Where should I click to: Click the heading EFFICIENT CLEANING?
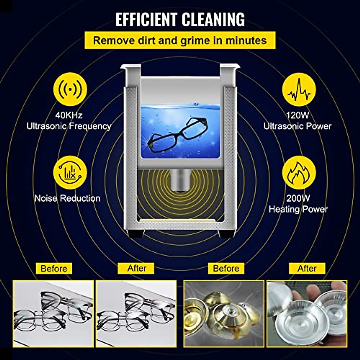coord(180,20)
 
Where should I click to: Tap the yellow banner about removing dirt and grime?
coord(180,40)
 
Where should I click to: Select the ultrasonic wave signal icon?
coord(70,89)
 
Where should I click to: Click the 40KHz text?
coord(69,115)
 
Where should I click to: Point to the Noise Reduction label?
coord(67,198)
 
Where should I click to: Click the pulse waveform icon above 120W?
coord(299,89)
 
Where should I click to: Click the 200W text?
coord(298,198)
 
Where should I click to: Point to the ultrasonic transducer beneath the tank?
coord(180,180)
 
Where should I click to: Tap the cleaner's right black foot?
coord(224,233)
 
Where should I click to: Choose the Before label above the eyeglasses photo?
coord(54,268)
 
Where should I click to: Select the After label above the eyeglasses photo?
coord(136,268)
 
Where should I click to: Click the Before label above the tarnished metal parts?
coord(226,268)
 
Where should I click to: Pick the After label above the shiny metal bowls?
coord(307,268)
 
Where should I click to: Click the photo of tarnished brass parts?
coord(224,313)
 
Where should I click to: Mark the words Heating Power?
coord(298,209)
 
